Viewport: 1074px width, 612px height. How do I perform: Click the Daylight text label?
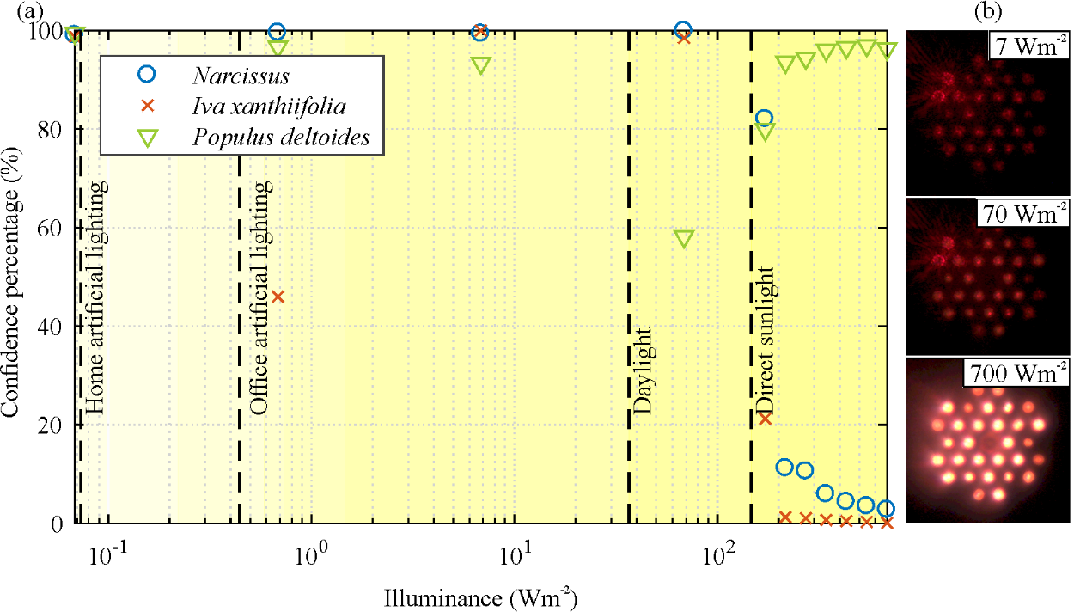(644, 370)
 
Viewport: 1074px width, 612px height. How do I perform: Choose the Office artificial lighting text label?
(260, 298)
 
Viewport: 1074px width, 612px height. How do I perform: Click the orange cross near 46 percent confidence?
(278, 297)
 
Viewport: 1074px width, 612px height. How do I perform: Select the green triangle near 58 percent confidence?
(683, 239)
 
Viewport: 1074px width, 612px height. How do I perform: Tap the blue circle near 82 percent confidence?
(764, 118)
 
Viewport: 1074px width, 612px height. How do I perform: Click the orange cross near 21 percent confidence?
(765, 419)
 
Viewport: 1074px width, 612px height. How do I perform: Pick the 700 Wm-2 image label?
(1016, 374)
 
